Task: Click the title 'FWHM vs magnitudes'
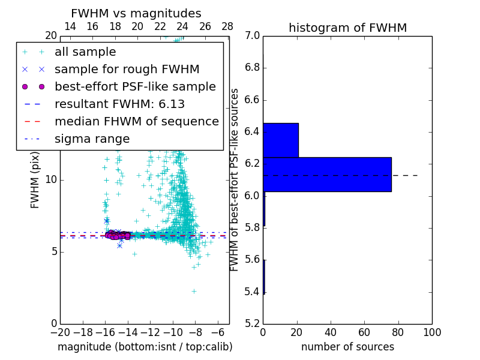coord(136,13)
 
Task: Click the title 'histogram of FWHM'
coord(347,28)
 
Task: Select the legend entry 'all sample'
coord(85,52)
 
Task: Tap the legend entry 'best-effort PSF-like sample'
coord(135,86)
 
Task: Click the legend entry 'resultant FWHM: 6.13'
coord(119,104)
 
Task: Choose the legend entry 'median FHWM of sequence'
coord(136,121)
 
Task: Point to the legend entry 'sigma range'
coord(92,139)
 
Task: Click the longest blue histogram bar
coord(327,175)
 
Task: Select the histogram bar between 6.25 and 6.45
coord(281,140)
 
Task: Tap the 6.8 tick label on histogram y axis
coord(252,68)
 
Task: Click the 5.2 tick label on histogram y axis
coord(252,324)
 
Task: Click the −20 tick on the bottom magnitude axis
coord(60,332)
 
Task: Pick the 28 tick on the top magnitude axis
coord(227,26)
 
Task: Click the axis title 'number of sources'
coord(347,347)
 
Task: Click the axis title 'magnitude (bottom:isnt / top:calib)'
coord(145,347)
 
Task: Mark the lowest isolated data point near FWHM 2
coord(194,291)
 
